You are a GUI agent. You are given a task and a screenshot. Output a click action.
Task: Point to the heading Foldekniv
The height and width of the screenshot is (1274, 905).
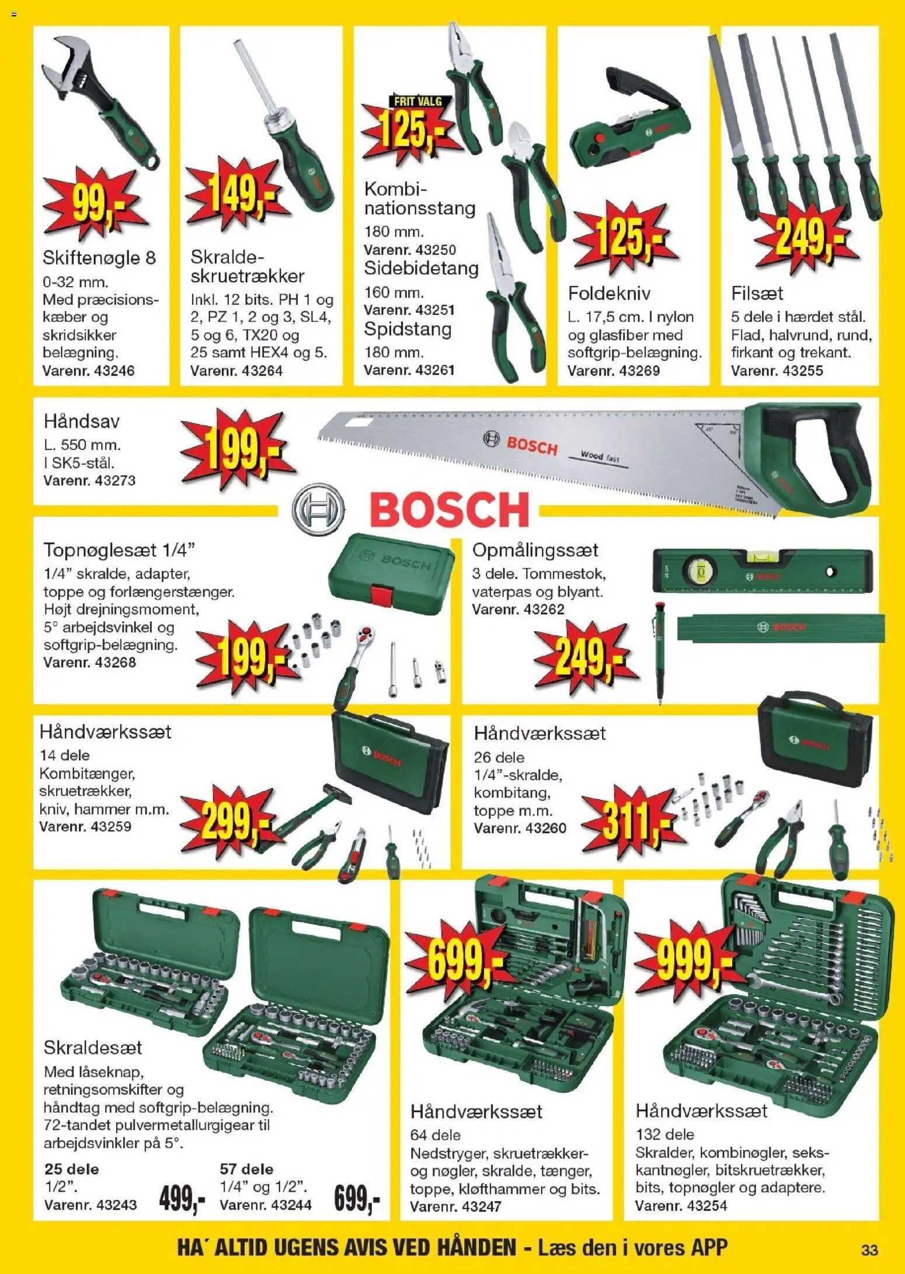coord(609,293)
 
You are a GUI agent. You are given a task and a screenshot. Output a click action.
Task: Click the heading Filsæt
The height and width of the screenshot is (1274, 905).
coord(757,293)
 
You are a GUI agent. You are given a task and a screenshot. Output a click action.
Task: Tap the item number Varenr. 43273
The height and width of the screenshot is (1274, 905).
coord(89,481)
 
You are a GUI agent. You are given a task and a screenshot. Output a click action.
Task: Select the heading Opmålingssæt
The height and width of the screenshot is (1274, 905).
coord(535,550)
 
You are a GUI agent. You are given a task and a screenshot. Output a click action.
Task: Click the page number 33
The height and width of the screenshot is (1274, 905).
coord(869,1250)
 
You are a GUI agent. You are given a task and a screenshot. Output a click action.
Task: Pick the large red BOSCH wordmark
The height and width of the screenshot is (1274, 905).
coord(449,509)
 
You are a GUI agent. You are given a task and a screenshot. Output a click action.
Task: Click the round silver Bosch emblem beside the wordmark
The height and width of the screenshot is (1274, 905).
coord(318,509)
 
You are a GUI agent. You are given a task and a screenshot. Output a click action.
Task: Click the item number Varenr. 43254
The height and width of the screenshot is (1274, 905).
coord(681,1206)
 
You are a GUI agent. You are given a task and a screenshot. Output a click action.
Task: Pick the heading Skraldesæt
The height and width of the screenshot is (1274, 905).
coord(92,1047)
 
